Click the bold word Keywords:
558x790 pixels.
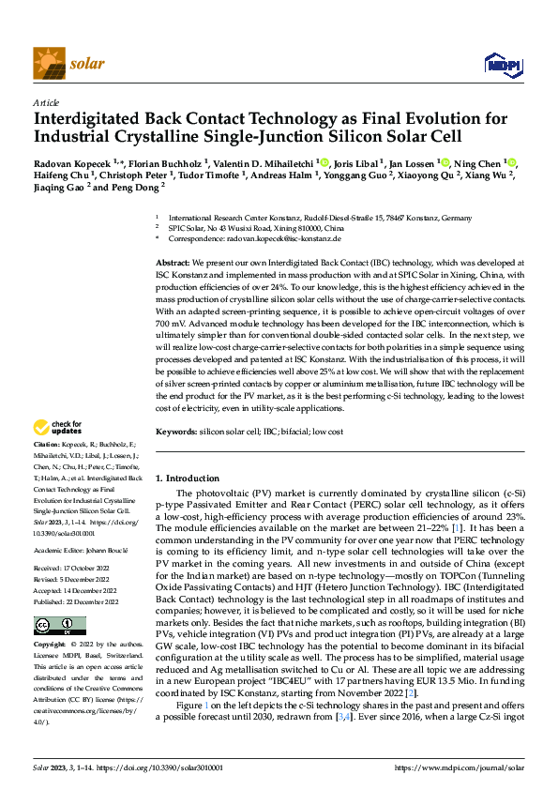coord(175,431)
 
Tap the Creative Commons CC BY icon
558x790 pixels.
coord(59,626)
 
